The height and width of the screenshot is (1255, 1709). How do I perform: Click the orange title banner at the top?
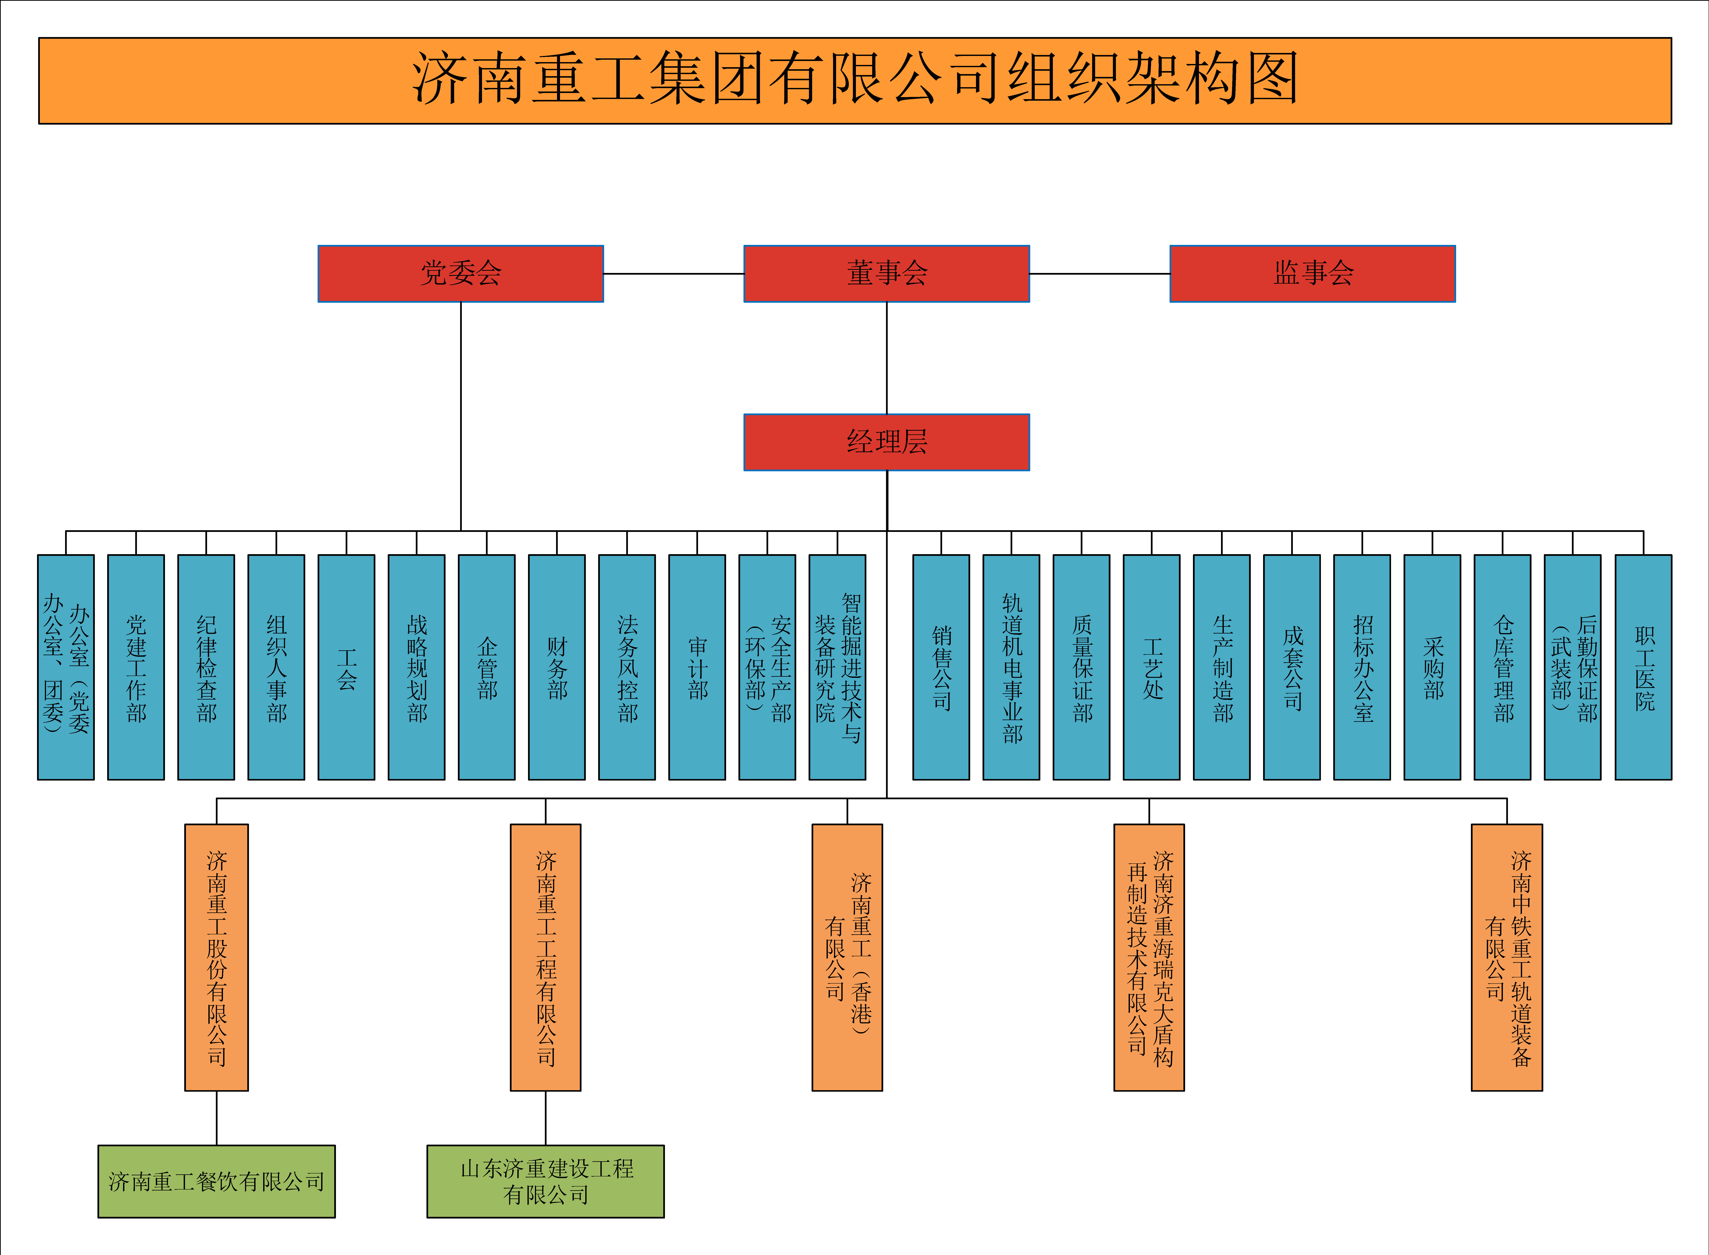pos(854,80)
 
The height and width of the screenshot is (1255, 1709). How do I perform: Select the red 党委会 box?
pos(460,274)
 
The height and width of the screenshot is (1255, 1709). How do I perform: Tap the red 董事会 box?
pos(886,274)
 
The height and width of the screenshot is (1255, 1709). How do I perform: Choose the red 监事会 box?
pos(1312,274)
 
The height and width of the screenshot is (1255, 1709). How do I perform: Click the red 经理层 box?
pos(886,442)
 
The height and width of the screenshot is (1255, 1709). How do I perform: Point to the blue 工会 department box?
pos(346,667)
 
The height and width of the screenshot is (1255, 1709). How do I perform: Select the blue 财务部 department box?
pos(557,667)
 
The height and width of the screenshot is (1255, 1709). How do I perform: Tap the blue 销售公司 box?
pos(941,667)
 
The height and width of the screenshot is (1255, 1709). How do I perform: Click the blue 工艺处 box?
pos(1151,667)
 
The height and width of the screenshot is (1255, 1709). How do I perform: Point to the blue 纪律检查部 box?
pos(206,667)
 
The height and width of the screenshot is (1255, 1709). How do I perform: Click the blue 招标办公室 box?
pos(1362,667)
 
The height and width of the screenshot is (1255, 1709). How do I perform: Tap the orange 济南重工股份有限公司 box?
pos(216,957)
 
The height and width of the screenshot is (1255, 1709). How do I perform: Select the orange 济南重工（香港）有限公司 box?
pos(847,957)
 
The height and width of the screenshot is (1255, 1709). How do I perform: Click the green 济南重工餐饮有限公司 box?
pos(216,1181)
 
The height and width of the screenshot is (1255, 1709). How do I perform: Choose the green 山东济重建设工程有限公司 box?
pos(545,1181)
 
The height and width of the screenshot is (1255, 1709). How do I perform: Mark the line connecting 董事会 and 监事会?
pos(1100,274)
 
